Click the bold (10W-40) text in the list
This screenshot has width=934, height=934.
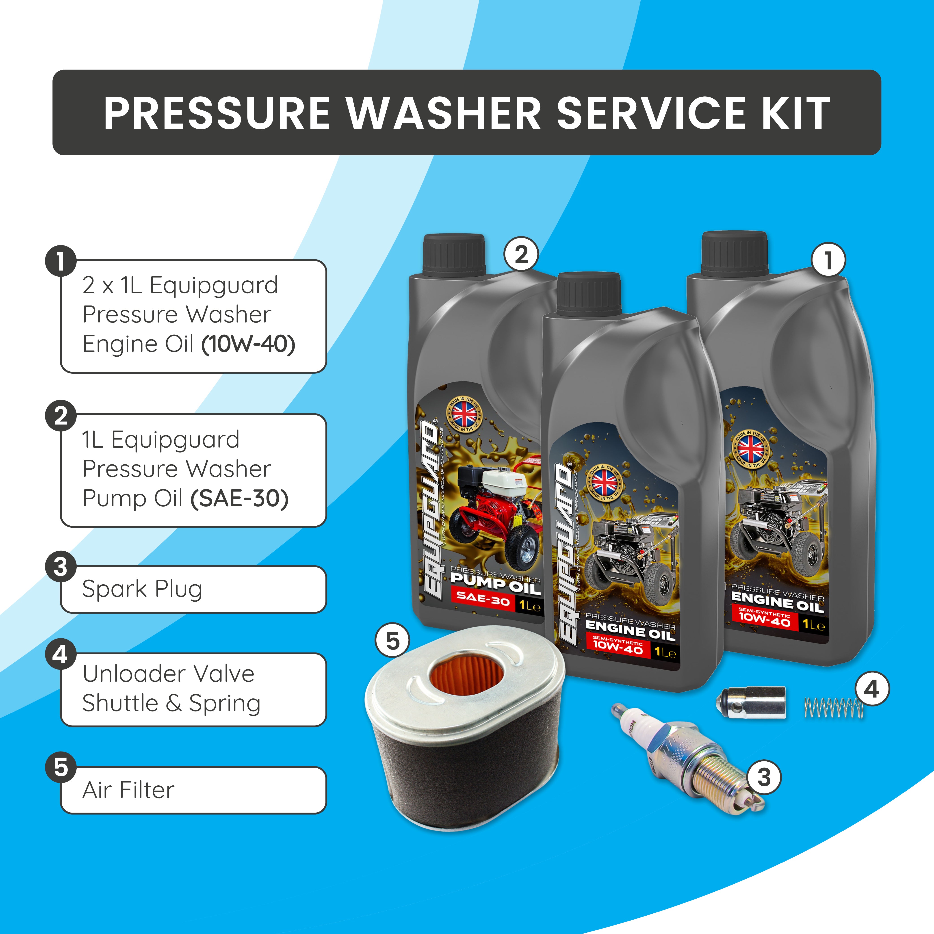[x=248, y=344]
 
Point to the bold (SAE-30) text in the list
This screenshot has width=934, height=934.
[x=239, y=498]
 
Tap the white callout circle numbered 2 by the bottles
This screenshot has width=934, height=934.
[x=521, y=254]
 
